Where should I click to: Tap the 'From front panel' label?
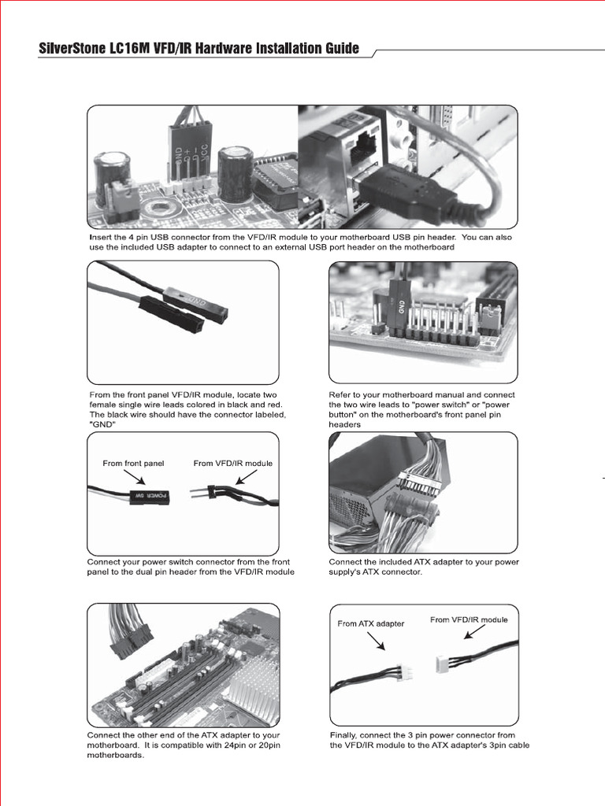[133, 464]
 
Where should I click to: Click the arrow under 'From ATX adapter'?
[375, 641]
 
